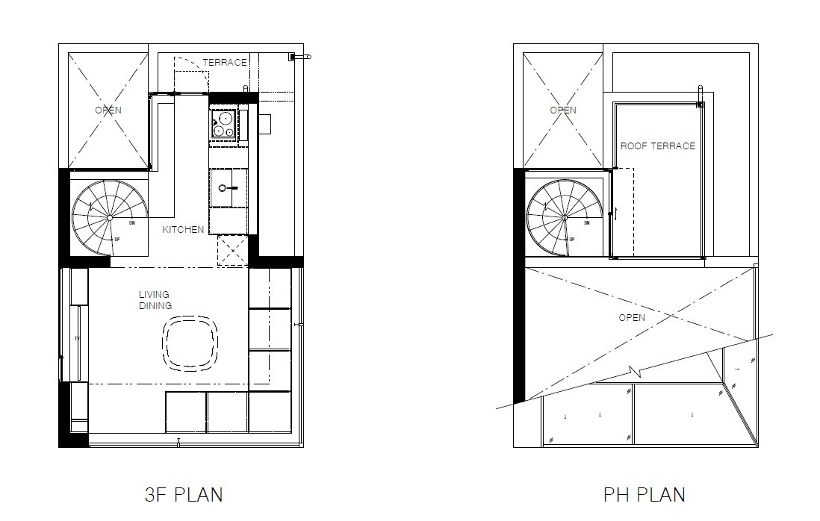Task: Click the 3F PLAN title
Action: click(184, 494)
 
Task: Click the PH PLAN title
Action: click(644, 494)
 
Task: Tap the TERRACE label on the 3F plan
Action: click(224, 63)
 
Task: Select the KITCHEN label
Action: click(183, 230)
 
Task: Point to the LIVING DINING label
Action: click(155, 300)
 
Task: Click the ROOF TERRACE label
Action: click(657, 146)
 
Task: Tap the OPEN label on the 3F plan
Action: click(108, 110)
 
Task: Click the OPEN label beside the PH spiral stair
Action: click(563, 110)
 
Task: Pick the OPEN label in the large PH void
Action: click(632, 318)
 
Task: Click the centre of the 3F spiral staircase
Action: click(109, 217)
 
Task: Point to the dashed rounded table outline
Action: click(191, 344)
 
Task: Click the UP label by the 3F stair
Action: click(117, 240)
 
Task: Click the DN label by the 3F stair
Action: click(131, 222)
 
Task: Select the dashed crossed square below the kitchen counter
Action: click(232, 251)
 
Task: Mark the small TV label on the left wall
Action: click(76, 338)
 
